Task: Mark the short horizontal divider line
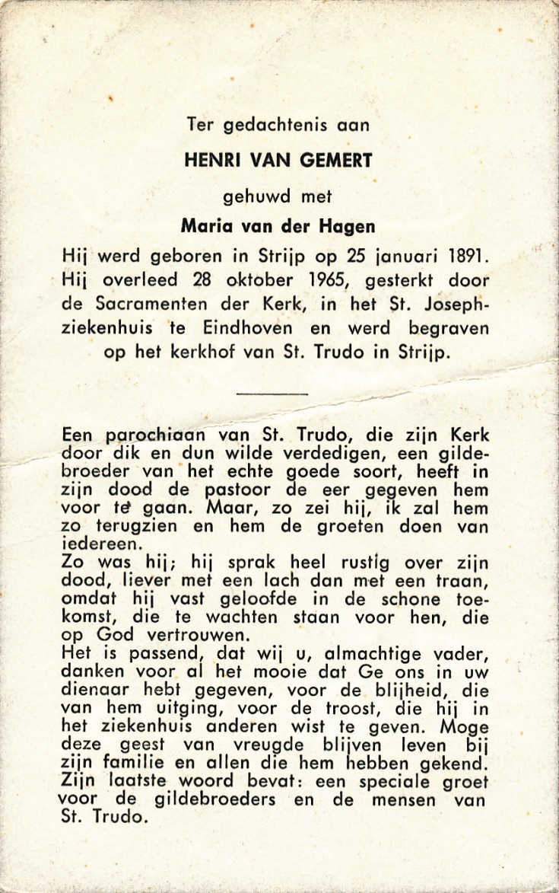pos(272,394)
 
